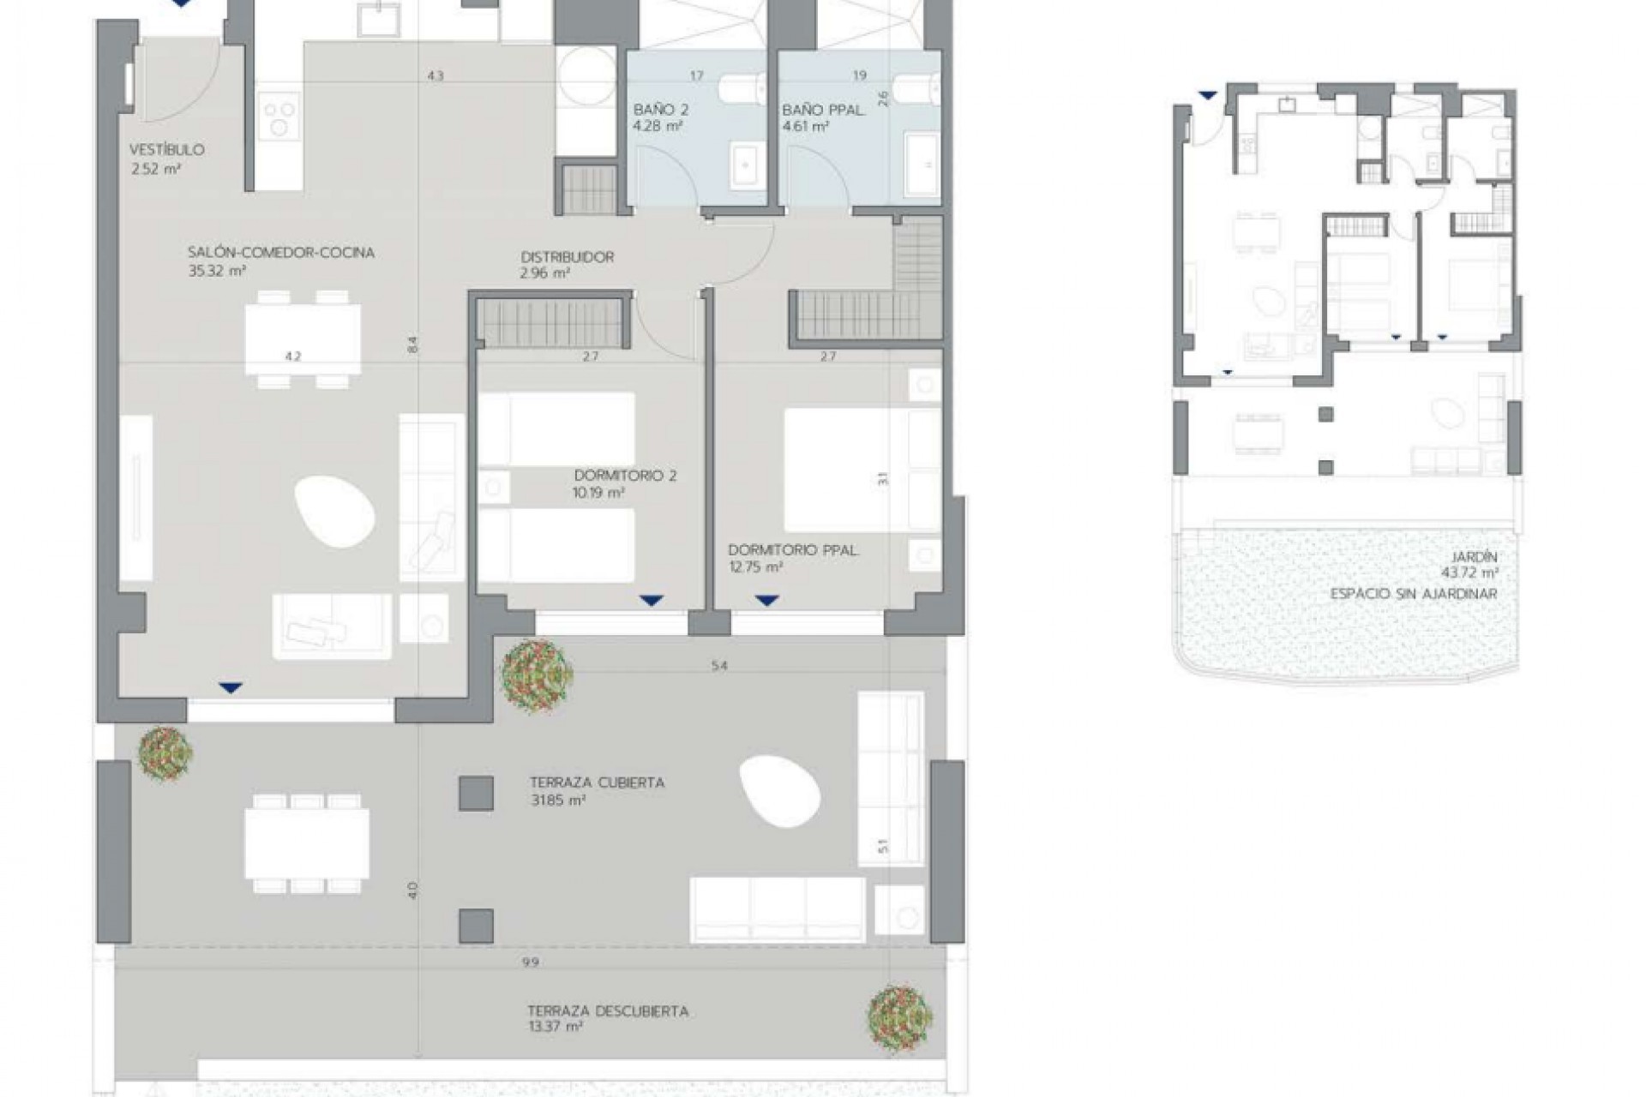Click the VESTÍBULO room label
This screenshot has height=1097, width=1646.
(167, 150)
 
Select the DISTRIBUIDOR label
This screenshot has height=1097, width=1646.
(567, 256)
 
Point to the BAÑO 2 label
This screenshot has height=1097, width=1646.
(660, 110)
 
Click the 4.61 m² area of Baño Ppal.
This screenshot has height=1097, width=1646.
(805, 127)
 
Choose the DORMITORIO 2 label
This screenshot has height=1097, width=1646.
(625, 476)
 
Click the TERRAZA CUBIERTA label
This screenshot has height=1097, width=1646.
(597, 782)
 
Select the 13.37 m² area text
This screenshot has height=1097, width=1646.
(556, 1027)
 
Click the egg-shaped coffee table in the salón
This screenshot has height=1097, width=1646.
(334, 513)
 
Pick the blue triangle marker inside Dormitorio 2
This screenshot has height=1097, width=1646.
(652, 601)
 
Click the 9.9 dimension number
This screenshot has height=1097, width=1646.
(530, 962)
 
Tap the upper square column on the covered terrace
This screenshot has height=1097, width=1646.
(476, 793)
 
